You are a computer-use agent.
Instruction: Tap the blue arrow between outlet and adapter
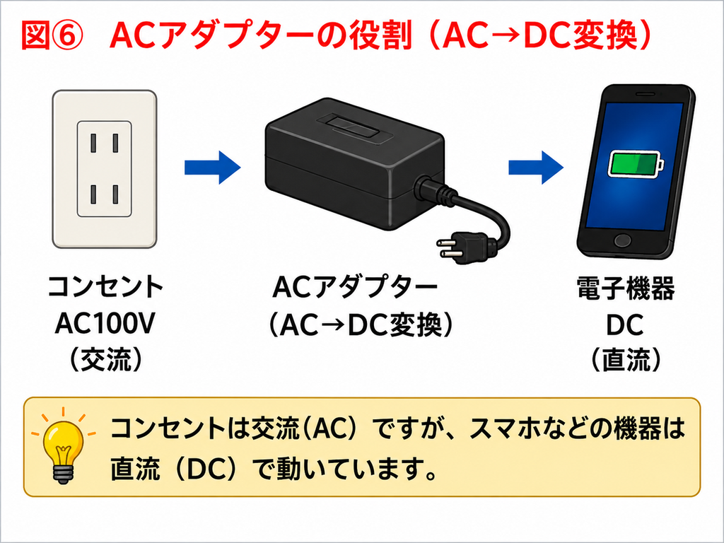[x=212, y=167]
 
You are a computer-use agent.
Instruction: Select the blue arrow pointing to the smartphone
[x=536, y=167]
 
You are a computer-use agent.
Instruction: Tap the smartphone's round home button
[x=622, y=240]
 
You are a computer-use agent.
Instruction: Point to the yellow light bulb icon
[x=63, y=445]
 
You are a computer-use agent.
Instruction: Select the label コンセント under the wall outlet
[x=105, y=287]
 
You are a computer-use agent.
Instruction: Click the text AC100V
[x=105, y=323]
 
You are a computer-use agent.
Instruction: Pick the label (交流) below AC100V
[x=105, y=359]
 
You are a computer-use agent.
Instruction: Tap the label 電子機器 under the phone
[x=625, y=288]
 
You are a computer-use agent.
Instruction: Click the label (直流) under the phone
[x=626, y=359]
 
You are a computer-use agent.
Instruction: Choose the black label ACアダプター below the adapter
[x=354, y=287]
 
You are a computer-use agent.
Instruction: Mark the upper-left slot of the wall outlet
[x=93, y=143]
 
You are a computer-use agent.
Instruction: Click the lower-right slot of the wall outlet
[x=115, y=194]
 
